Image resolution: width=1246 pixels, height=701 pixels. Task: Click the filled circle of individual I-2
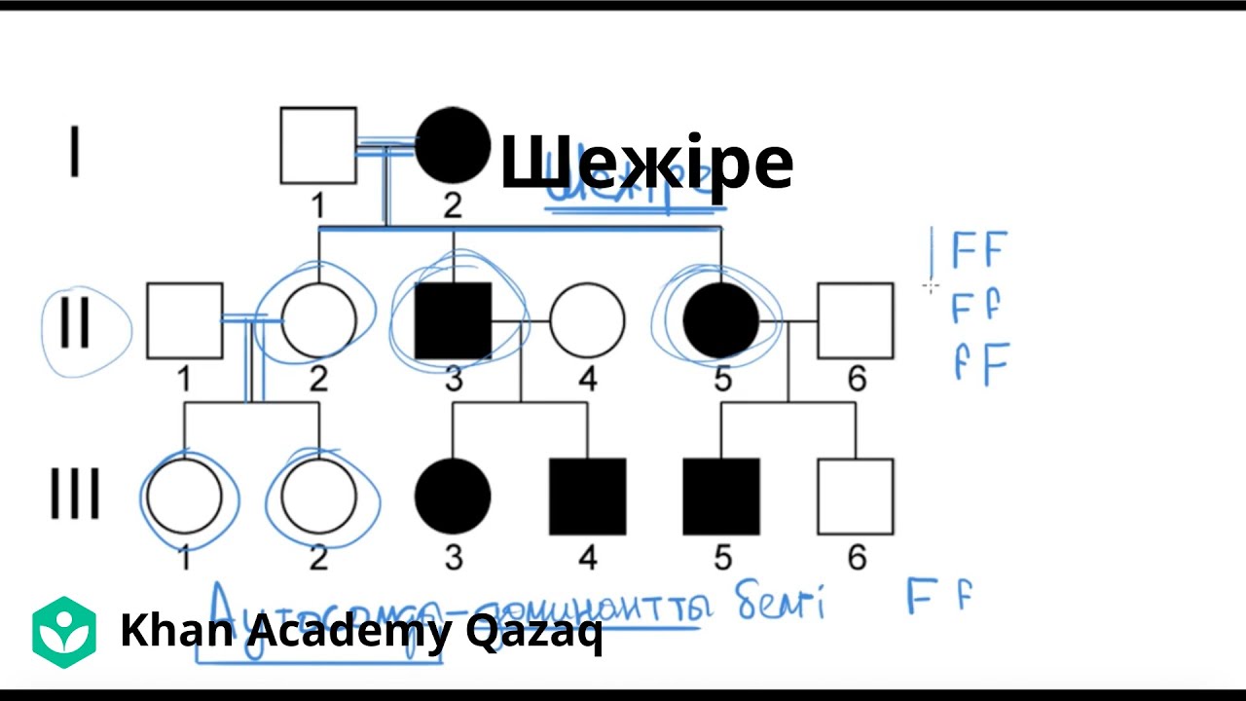453,146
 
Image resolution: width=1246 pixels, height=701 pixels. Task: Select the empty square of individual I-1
318,146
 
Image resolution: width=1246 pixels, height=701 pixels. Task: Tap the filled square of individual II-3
453,321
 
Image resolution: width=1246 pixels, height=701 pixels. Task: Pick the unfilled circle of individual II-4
587,321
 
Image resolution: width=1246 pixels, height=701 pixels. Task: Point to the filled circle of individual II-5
721,321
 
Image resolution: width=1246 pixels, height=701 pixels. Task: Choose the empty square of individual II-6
856,321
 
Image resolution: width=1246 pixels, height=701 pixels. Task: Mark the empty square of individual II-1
184,321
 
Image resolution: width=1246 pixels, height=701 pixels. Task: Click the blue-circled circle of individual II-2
318,321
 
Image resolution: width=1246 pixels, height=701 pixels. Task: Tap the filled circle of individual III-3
453,497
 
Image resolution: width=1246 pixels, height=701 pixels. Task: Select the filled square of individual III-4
587,497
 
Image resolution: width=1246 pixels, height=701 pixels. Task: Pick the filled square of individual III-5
721,497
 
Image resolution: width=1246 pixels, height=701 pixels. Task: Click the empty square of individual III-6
856,497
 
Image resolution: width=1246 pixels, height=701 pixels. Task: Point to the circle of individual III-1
184,497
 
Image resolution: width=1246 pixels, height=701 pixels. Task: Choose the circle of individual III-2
318,497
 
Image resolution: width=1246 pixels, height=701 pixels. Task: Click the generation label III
75,496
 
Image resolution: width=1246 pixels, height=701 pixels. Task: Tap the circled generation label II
76,322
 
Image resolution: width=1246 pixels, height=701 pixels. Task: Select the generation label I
75,152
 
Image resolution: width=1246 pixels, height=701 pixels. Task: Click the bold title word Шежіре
646,163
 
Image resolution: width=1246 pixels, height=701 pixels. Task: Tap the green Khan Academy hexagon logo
64,633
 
